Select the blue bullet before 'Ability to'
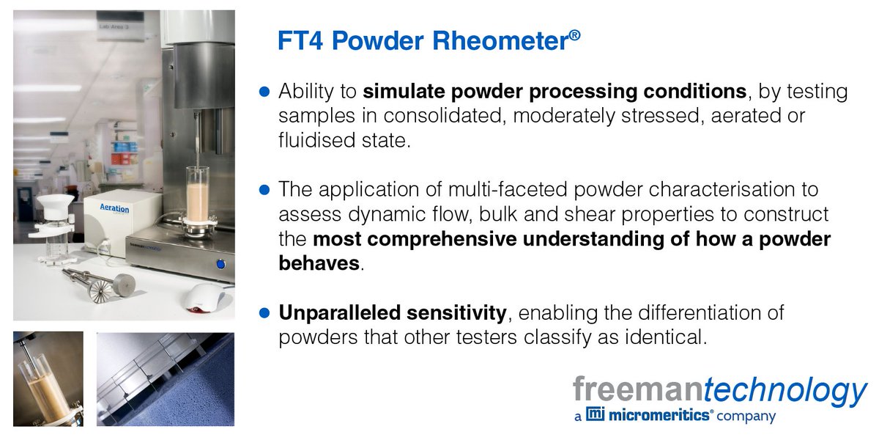(x=266, y=92)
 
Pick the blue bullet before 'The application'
(x=266, y=190)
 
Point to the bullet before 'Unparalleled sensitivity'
(x=266, y=314)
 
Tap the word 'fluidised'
(x=314, y=141)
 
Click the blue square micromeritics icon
(x=596, y=416)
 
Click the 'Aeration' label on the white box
(x=114, y=208)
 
